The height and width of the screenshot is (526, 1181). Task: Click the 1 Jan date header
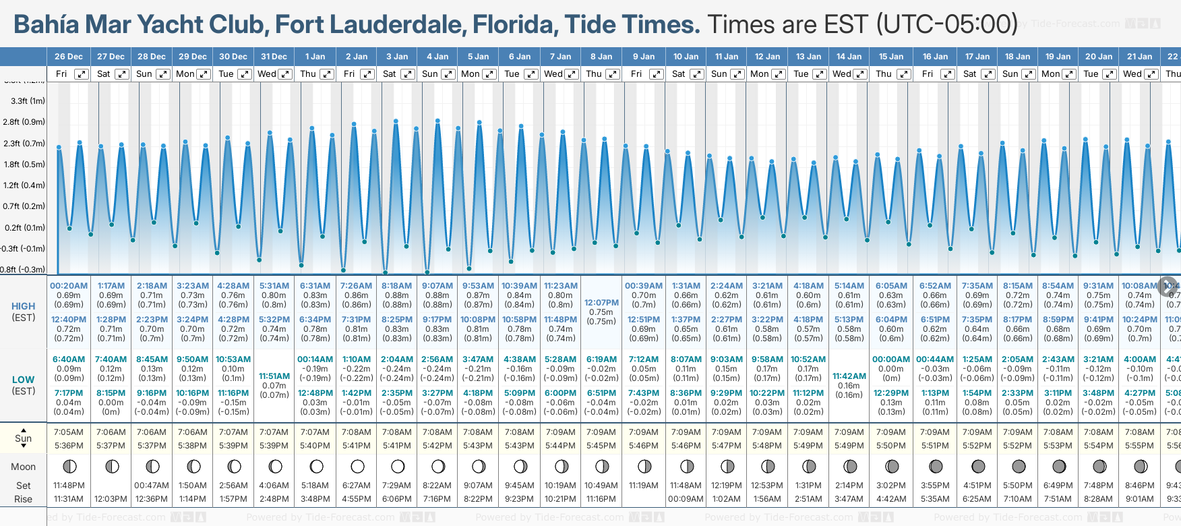click(x=315, y=57)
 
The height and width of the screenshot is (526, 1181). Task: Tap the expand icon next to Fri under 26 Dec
click(x=81, y=74)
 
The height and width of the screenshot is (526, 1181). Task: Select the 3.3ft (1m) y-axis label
click(x=28, y=101)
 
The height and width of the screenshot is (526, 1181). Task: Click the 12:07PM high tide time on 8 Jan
click(x=601, y=303)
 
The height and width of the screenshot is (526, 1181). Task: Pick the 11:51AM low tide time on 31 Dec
click(x=274, y=376)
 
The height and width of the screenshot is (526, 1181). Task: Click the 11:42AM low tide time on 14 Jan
click(x=849, y=376)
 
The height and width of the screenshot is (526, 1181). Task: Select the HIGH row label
click(x=24, y=306)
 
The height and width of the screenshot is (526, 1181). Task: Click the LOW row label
click(x=24, y=380)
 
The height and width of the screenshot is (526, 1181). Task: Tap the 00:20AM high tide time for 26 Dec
click(x=69, y=286)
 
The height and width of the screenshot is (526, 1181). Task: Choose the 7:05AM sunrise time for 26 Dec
click(x=69, y=432)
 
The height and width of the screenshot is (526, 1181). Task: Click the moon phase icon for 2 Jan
click(x=357, y=467)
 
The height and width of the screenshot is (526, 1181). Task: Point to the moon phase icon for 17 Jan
click(x=978, y=467)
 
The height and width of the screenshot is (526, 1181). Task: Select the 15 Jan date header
click(x=891, y=57)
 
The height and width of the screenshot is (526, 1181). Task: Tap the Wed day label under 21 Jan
click(x=1132, y=74)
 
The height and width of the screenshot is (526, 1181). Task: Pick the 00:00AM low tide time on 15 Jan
click(x=891, y=359)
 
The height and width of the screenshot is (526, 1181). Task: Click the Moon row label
click(x=24, y=467)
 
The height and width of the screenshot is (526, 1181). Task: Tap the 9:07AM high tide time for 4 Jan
click(x=437, y=286)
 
